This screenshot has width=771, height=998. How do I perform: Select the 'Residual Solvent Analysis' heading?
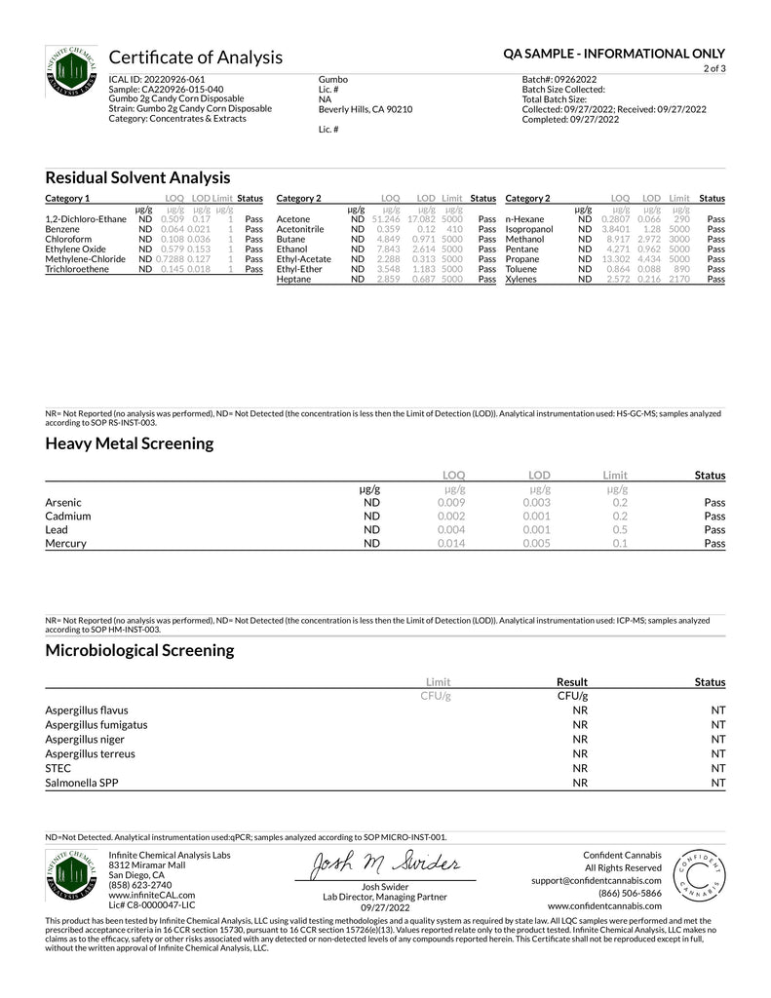point(137,177)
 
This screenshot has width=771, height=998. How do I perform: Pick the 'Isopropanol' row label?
point(530,229)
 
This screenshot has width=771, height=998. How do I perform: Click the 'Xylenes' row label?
point(522,279)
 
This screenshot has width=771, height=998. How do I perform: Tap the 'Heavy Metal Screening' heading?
point(129,443)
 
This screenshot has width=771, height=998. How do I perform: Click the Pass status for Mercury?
point(714,544)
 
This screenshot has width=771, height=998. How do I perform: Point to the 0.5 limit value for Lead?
point(620,530)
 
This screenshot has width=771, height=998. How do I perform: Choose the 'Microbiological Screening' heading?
point(139,649)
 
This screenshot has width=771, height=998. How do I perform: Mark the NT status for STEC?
point(718,768)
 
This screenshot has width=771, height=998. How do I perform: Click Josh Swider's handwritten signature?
point(384,864)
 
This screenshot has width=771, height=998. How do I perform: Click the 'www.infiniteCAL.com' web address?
point(151,895)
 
